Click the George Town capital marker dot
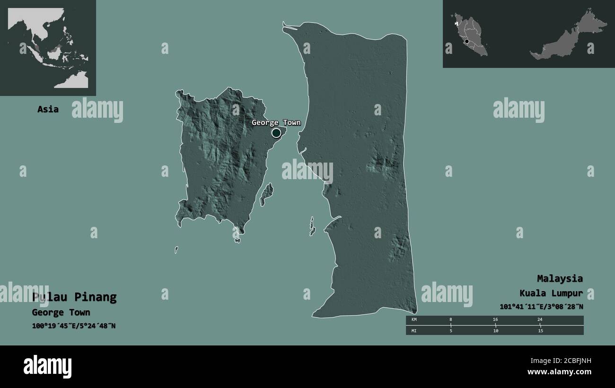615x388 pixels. pyautogui.click(x=276, y=133)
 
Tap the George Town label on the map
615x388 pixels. pyautogui.click(x=276, y=123)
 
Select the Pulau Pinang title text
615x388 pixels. pyautogui.click(x=74, y=297)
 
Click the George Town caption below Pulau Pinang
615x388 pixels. pyautogui.click(x=61, y=312)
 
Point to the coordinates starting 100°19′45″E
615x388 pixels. pyautogui.click(x=73, y=326)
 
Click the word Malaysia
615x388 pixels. pyautogui.click(x=560, y=278)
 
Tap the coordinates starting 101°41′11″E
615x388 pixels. pyautogui.click(x=541, y=307)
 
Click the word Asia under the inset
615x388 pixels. pyautogui.click(x=48, y=109)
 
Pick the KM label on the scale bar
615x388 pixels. pyautogui.click(x=414, y=320)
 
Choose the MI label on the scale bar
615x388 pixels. pyautogui.click(x=414, y=330)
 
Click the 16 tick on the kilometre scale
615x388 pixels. pyautogui.click(x=495, y=320)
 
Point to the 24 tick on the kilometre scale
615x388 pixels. pyautogui.click(x=540, y=320)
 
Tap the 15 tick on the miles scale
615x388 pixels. pyautogui.click(x=540, y=330)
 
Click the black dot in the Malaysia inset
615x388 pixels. pyautogui.click(x=467, y=42)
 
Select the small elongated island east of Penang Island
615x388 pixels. pyautogui.click(x=267, y=194)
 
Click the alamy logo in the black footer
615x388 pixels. pyautogui.click(x=47, y=366)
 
